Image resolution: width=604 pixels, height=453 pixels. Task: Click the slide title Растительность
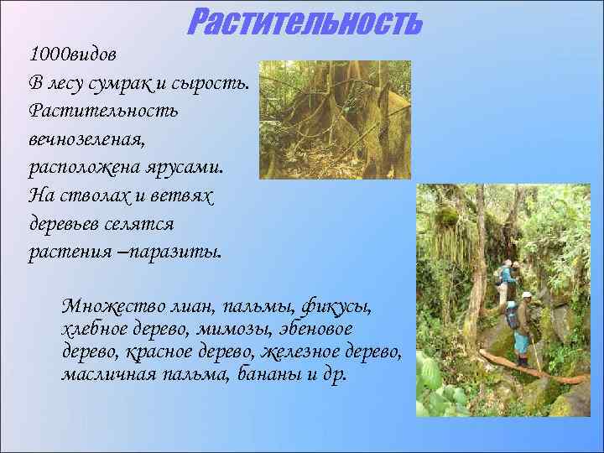tap(304, 22)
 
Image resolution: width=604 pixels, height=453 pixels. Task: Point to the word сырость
tap(220, 83)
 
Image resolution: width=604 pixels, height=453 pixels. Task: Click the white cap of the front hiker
tap(526, 294)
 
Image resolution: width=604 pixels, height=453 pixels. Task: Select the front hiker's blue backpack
tap(513, 317)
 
